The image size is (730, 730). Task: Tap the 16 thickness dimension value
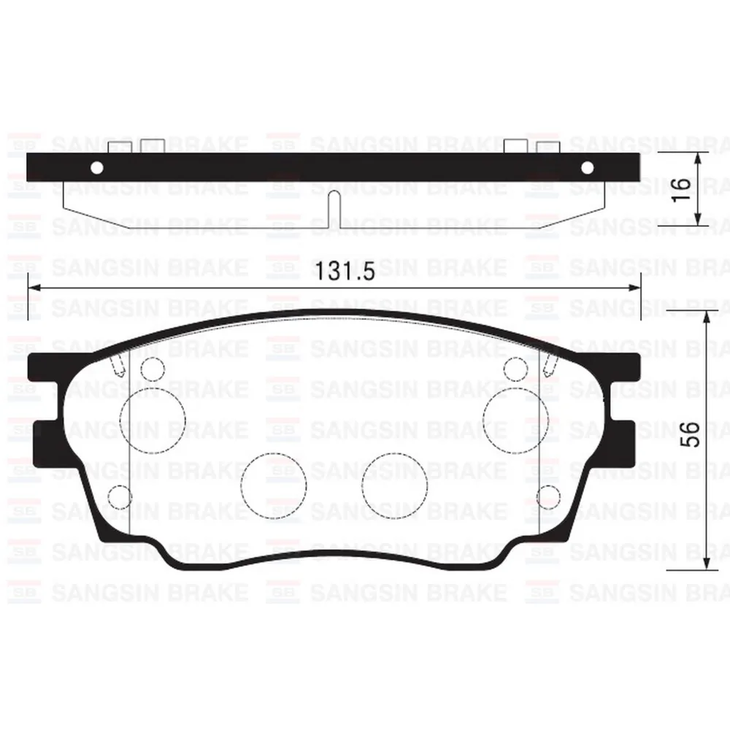pyautogui.click(x=680, y=188)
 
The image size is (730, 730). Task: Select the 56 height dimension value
pyautogui.click(x=693, y=434)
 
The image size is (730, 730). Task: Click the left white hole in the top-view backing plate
pyautogui.click(x=96, y=169)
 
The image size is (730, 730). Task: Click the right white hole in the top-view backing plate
pyautogui.click(x=587, y=169)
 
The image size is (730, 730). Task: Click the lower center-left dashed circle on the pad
pyautogui.click(x=274, y=485)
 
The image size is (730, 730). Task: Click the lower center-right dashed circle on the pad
pyautogui.click(x=394, y=485)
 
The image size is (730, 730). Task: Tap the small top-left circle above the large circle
pyautogui.click(x=152, y=369)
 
